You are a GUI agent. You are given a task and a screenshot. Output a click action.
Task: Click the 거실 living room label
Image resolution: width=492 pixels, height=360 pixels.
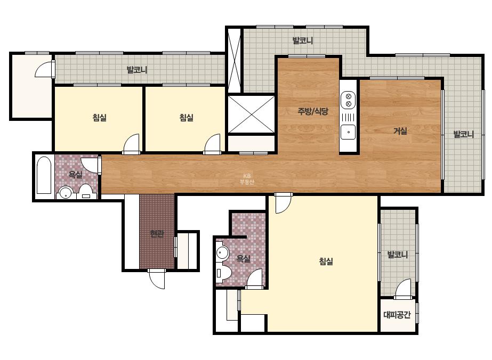400,131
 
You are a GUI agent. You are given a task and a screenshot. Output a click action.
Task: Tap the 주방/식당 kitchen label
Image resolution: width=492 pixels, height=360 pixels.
313,111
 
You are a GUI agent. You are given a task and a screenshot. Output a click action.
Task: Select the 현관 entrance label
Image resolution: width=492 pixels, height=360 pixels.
157,233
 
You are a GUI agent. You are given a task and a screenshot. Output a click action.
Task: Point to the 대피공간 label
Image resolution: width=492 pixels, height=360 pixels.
397,315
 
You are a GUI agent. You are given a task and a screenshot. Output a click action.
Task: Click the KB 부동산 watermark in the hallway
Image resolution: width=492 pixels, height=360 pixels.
247,179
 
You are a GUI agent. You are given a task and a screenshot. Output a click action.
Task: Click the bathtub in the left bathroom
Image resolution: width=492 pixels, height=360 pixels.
44,175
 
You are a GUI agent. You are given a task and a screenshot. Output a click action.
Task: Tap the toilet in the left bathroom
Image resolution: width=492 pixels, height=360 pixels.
85,192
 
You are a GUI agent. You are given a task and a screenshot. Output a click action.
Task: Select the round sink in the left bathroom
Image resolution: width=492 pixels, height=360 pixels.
66,193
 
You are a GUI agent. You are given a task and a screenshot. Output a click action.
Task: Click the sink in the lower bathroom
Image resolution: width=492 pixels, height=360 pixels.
222,252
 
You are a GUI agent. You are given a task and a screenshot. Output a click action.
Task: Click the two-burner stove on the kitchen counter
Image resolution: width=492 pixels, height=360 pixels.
348,100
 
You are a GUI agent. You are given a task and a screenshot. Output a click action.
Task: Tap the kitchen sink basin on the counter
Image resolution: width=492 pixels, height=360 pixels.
348,132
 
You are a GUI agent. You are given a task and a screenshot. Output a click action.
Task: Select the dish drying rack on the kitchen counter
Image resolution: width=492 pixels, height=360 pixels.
348,117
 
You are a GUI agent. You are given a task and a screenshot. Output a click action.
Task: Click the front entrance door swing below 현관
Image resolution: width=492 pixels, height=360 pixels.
156,279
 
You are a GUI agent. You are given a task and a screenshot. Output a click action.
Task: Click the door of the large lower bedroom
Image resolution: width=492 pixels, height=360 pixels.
284,203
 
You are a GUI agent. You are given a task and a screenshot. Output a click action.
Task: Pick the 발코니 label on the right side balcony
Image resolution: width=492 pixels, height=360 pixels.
463,135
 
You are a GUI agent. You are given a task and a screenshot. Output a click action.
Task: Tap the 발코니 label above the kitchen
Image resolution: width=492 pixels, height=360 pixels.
302,41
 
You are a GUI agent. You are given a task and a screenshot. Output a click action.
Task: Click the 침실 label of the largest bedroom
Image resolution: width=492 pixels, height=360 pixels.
326,261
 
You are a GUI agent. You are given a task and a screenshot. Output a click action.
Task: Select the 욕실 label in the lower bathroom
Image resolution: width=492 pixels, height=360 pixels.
243,259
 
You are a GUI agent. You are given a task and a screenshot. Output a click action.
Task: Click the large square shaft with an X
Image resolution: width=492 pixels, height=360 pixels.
251,114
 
